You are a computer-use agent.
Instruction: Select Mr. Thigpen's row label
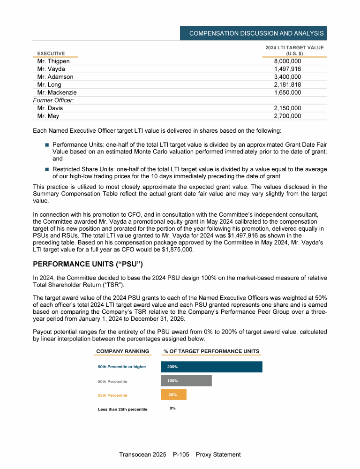[53, 61]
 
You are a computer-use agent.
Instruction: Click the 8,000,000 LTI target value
[287, 61]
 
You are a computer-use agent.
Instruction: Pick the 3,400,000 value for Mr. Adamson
[287, 77]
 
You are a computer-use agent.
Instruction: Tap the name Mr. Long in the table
[49, 85]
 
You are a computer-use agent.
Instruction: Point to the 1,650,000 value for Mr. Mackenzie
[287, 92]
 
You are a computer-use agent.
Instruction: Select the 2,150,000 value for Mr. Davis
[287, 108]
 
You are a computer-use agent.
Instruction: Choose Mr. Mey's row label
[48, 116]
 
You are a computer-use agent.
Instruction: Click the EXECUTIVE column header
[51, 53]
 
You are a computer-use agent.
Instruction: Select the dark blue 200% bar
[211, 367]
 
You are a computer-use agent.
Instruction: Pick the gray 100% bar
[186, 381]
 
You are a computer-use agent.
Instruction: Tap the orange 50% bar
[173, 395]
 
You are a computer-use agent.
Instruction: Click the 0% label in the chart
[172, 408]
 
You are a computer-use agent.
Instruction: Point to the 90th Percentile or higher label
[122, 367]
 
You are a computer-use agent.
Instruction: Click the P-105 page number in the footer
[181, 454]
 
